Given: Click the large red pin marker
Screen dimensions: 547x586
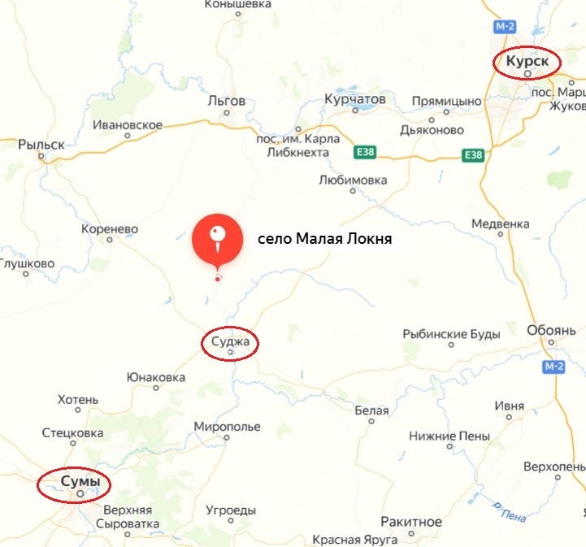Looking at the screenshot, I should [217, 238].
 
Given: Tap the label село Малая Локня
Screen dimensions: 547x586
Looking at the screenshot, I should [324, 240].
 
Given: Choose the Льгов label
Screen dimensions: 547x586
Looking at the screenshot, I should [227, 101].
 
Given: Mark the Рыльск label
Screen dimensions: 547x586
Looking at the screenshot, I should [41, 144].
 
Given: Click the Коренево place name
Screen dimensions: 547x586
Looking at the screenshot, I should [110, 229].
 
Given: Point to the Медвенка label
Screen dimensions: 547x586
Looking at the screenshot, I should [500, 224].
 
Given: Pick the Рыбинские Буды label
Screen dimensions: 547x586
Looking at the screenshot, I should [446, 334].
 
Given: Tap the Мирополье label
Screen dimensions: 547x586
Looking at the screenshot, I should [228, 427].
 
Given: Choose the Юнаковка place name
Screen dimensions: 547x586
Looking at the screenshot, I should [156, 377].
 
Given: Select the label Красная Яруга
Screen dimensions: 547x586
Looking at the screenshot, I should [355, 540].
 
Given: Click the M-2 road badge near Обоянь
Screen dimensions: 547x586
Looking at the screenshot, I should [553, 367].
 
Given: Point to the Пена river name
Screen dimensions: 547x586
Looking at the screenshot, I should [514, 513].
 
